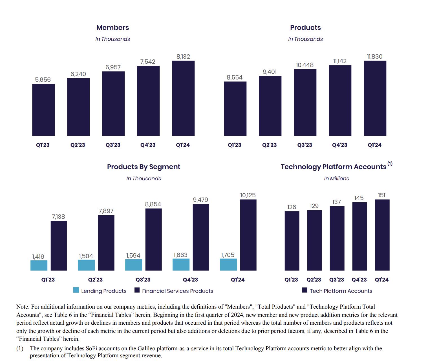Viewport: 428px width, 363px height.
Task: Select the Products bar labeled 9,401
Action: [x=270, y=106]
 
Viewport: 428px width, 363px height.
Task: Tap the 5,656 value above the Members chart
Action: [x=43, y=80]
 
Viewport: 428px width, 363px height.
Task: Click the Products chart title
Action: [x=305, y=28]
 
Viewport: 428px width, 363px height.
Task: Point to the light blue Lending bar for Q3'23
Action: [x=134, y=265]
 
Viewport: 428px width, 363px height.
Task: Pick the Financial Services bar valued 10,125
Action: [x=248, y=235]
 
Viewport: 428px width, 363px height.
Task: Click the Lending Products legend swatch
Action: [x=76, y=290]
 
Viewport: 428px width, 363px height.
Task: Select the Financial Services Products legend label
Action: [x=178, y=291]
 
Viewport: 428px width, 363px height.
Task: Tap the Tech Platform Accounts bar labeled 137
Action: [x=337, y=238]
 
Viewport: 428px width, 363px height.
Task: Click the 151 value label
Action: [x=381, y=195]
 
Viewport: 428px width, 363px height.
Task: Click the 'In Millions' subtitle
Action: [x=336, y=179]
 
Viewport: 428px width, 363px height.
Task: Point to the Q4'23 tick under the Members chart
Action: [x=148, y=145]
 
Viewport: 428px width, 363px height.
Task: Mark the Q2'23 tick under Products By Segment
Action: [x=95, y=280]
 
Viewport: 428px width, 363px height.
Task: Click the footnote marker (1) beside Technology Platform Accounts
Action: [x=390, y=164]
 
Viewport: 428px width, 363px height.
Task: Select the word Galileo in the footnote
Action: [x=145, y=349]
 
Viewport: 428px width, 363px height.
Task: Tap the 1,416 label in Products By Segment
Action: [x=38, y=257]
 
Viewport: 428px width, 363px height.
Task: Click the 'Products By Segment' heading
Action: [x=144, y=167]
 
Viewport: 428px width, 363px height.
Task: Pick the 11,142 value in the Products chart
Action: [x=340, y=61]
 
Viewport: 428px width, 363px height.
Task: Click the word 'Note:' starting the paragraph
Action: [x=23, y=307]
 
